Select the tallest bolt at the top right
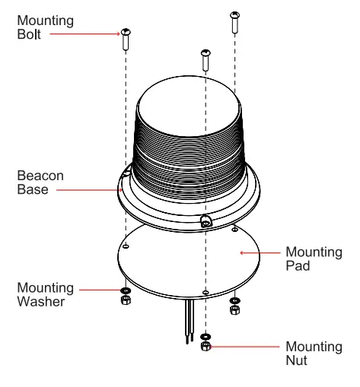(235, 23)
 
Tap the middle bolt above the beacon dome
(205, 59)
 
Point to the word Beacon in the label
(40, 176)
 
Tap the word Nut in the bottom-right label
(296, 360)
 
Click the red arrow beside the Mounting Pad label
(259, 252)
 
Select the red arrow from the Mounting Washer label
(99, 290)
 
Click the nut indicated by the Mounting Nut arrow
(205, 347)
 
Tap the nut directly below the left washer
(126, 300)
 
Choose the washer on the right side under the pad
(235, 300)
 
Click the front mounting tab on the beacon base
(205, 221)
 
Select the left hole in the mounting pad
(126, 246)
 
